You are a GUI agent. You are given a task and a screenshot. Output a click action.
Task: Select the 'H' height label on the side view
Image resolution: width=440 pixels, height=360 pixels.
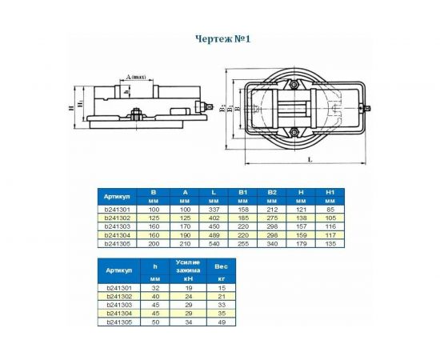70,107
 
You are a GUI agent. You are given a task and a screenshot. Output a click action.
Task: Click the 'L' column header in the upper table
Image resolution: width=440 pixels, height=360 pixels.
213,193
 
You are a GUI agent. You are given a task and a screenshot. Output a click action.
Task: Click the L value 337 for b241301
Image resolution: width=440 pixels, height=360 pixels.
213,210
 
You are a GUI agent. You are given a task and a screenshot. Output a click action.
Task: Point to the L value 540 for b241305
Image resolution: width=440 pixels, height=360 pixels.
213,243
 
